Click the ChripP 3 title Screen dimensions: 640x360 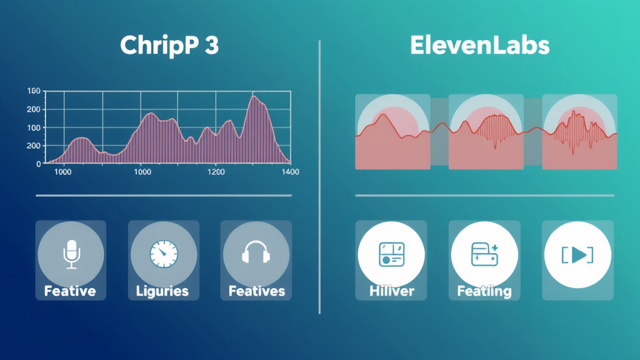[x=169, y=46]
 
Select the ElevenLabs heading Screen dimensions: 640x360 [x=479, y=45]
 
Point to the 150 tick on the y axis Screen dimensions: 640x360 [x=34, y=91]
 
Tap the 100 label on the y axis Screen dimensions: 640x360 [x=34, y=127]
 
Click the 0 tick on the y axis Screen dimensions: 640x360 [x=39, y=164]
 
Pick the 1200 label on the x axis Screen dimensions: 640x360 [x=216, y=172]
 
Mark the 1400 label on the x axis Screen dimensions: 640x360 [x=290, y=172]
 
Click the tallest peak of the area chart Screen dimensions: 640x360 [x=254, y=96]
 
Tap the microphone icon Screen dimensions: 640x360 [x=71, y=254]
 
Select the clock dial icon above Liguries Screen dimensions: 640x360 [x=164, y=254]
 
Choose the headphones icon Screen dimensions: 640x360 [x=256, y=251]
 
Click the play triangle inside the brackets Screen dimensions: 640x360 [x=579, y=255]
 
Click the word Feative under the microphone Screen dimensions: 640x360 [x=70, y=291]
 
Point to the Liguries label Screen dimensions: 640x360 [x=162, y=291]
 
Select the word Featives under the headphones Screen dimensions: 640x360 [x=257, y=291]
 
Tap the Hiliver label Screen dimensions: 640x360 [x=391, y=291]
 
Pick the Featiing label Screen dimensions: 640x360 [x=484, y=291]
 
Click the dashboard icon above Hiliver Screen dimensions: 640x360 [x=391, y=254]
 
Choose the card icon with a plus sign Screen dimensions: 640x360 [x=484, y=254]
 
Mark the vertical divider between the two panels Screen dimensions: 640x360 [x=319, y=177]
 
